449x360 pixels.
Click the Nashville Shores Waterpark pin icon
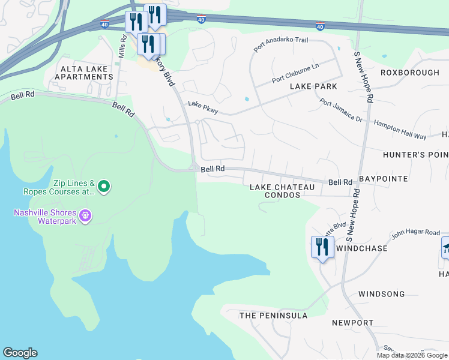point(85,215)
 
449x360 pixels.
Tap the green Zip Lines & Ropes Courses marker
point(104,187)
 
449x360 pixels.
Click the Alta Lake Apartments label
point(83,73)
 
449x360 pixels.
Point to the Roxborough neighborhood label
point(409,73)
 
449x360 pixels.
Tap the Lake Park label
point(313,86)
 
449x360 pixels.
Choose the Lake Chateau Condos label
point(282,191)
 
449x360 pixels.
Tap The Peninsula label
point(273,316)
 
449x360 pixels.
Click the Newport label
point(352,323)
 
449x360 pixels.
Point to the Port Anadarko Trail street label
point(280,44)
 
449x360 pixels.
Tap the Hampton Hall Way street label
point(399,124)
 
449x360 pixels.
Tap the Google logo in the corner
point(20,353)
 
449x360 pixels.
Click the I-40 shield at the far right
point(320,26)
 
